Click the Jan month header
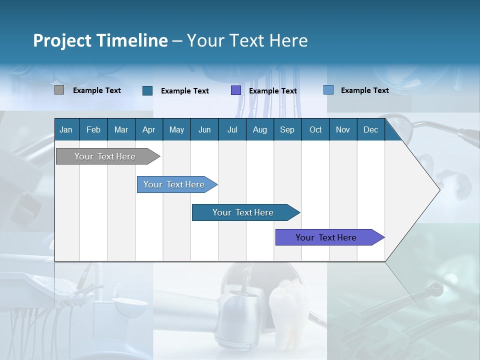(x=66, y=129)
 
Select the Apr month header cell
(x=148, y=129)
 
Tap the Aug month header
(x=259, y=129)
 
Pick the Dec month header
(x=370, y=129)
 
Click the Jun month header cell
(x=204, y=129)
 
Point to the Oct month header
(x=315, y=129)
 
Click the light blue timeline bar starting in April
(x=175, y=184)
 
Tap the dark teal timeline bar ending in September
(x=244, y=212)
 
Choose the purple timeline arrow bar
(x=327, y=237)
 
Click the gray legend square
(x=59, y=90)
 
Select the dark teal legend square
(x=147, y=90)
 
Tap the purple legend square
(x=236, y=90)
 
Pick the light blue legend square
(x=328, y=90)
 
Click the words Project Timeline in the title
(x=100, y=40)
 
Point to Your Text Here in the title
(x=247, y=40)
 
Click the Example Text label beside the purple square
(x=272, y=91)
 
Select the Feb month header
(x=93, y=129)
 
